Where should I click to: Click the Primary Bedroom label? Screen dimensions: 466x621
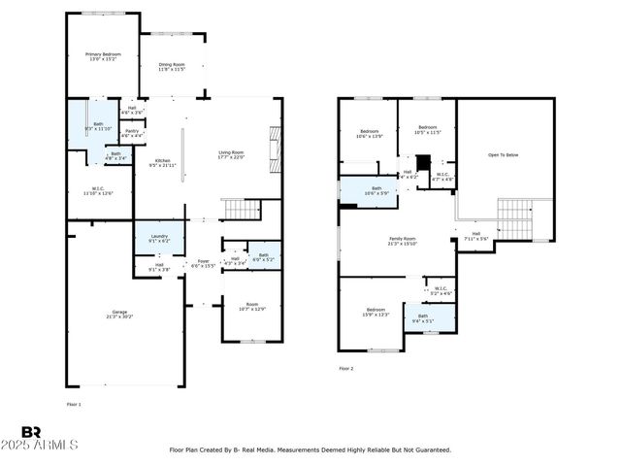point(101,56)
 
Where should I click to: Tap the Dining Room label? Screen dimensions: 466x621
point(172,67)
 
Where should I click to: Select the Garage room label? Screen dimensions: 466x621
point(119,315)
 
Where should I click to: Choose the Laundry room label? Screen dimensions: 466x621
point(159,238)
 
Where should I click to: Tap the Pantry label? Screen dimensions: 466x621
point(131,133)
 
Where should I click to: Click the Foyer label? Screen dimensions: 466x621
point(203,263)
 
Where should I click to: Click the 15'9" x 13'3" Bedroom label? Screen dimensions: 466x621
point(376,312)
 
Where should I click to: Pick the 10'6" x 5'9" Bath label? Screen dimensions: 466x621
point(376,191)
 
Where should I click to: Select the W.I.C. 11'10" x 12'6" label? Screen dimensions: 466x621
point(98,191)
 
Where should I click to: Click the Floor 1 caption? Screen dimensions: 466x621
point(74,403)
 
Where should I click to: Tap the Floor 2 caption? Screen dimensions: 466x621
point(346,369)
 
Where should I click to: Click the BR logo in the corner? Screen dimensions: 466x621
point(31,432)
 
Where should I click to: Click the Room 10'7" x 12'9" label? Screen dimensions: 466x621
point(251,308)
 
